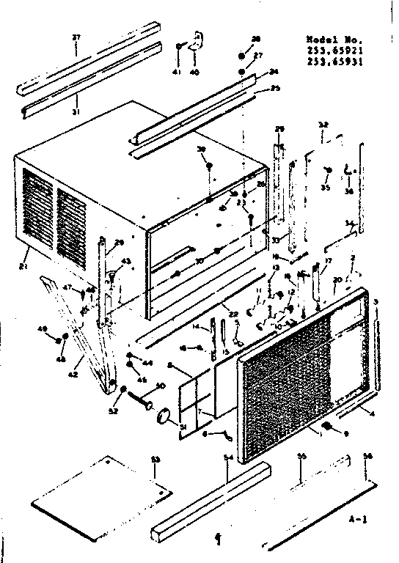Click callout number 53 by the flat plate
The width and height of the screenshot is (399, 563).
155,460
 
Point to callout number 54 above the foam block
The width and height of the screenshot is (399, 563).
229,458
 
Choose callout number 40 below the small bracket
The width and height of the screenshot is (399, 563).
194,73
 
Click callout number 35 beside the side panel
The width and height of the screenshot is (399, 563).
325,188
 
